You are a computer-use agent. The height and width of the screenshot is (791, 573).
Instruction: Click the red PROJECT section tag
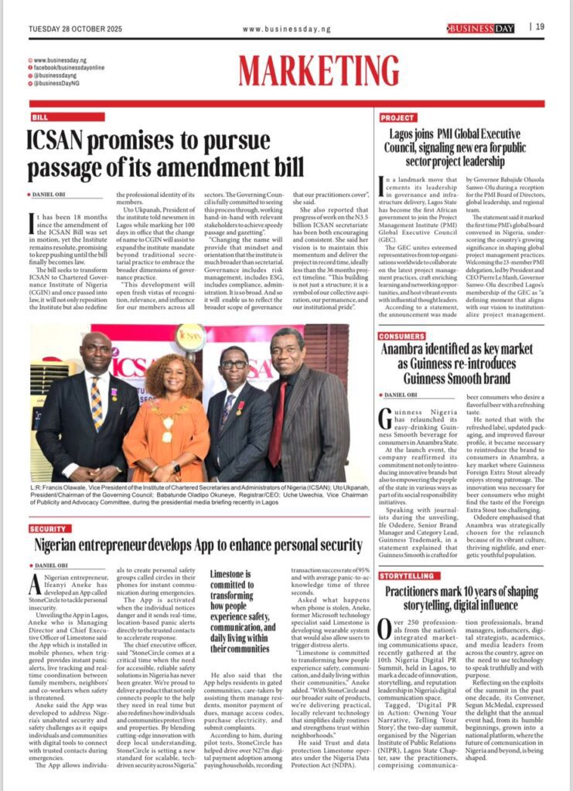click(x=398, y=117)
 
